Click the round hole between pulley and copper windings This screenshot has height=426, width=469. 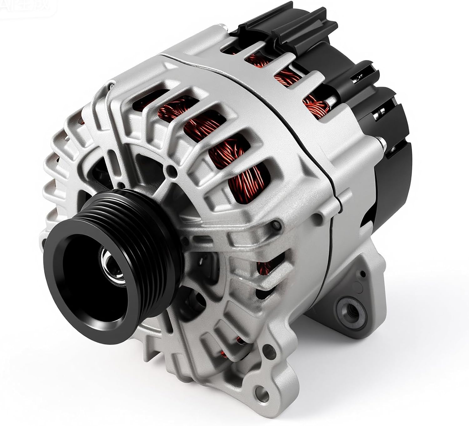click(171, 171)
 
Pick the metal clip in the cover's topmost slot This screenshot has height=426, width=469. click(356, 80)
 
